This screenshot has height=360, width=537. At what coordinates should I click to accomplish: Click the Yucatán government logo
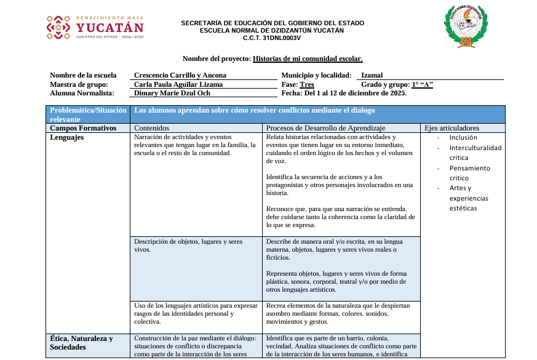(x=95, y=28)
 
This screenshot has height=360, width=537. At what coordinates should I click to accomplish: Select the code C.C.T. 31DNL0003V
(x=272, y=38)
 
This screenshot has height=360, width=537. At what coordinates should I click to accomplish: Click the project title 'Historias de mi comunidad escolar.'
(x=308, y=58)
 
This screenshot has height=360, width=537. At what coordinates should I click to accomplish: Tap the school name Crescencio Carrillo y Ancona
(x=180, y=76)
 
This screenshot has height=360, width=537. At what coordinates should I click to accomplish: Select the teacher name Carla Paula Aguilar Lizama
(x=178, y=84)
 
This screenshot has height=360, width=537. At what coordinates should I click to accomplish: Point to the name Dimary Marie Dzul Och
(x=172, y=94)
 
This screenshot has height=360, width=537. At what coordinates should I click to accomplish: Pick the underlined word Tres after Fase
(x=307, y=84)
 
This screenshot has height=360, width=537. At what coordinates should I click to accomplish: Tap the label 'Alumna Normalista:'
(x=82, y=94)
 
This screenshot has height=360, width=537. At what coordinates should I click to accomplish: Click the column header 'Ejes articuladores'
(x=452, y=128)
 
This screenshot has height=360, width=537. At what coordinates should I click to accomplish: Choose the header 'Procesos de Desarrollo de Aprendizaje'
(x=325, y=128)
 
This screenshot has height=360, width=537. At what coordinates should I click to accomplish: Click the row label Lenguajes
(x=67, y=137)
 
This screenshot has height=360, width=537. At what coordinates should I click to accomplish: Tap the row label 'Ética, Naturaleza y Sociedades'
(x=81, y=343)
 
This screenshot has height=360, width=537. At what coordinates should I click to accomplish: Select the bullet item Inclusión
(x=463, y=138)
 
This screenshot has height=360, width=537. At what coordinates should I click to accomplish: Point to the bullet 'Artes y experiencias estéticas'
(x=471, y=198)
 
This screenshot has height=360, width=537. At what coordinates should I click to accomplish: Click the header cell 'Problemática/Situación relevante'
(x=87, y=114)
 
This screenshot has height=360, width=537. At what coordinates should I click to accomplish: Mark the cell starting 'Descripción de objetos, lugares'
(x=188, y=246)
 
